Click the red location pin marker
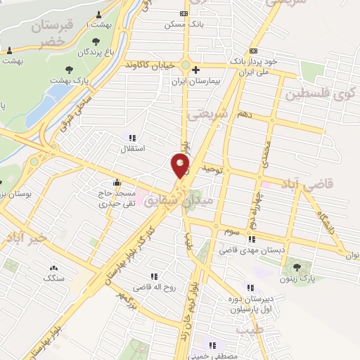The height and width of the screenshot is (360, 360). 181,166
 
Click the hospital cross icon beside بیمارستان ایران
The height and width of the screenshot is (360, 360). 196,70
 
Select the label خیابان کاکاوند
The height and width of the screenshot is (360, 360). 149,65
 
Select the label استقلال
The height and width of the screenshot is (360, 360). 134,148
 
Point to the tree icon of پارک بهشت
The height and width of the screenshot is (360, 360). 69,69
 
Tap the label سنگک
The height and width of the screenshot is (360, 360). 54,278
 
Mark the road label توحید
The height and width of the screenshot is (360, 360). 212,169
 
